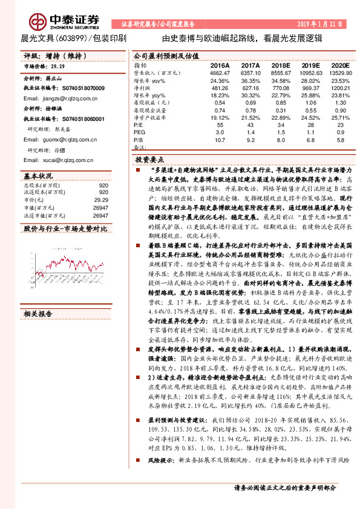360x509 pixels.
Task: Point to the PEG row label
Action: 139,131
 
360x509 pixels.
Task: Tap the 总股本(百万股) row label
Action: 42,185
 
